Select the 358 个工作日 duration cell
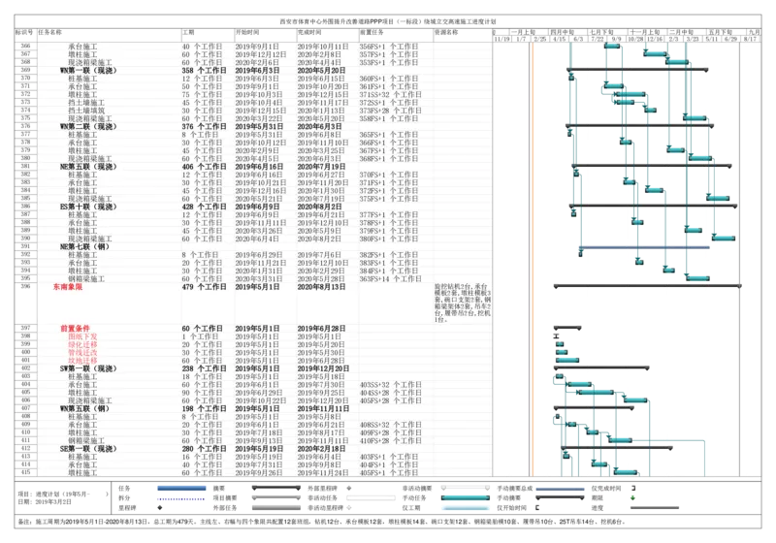click(203, 71)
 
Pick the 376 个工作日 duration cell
click(203, 126)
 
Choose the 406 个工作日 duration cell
click(203, 166)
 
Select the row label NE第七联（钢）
click(81, 246)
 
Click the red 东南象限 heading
click(68, 287)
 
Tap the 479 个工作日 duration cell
click(203, 287)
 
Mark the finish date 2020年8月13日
click(321, 287)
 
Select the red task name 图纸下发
click(82, 336)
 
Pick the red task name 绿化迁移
click(82, 344)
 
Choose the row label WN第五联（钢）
click(84, 408)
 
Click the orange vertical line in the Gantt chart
click(532, 242)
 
